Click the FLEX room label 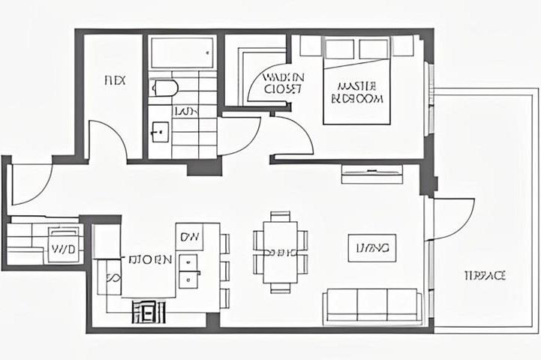(x=113, y=79)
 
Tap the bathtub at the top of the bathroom (x=182, y=52)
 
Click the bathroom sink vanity (x=159, y=133)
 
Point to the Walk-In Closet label (x=283, y=82)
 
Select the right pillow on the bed (x=373, y=49)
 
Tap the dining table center (x=280, y=252)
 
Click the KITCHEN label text (x=150, y=261)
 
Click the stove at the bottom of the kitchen (x=149, y=310)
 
